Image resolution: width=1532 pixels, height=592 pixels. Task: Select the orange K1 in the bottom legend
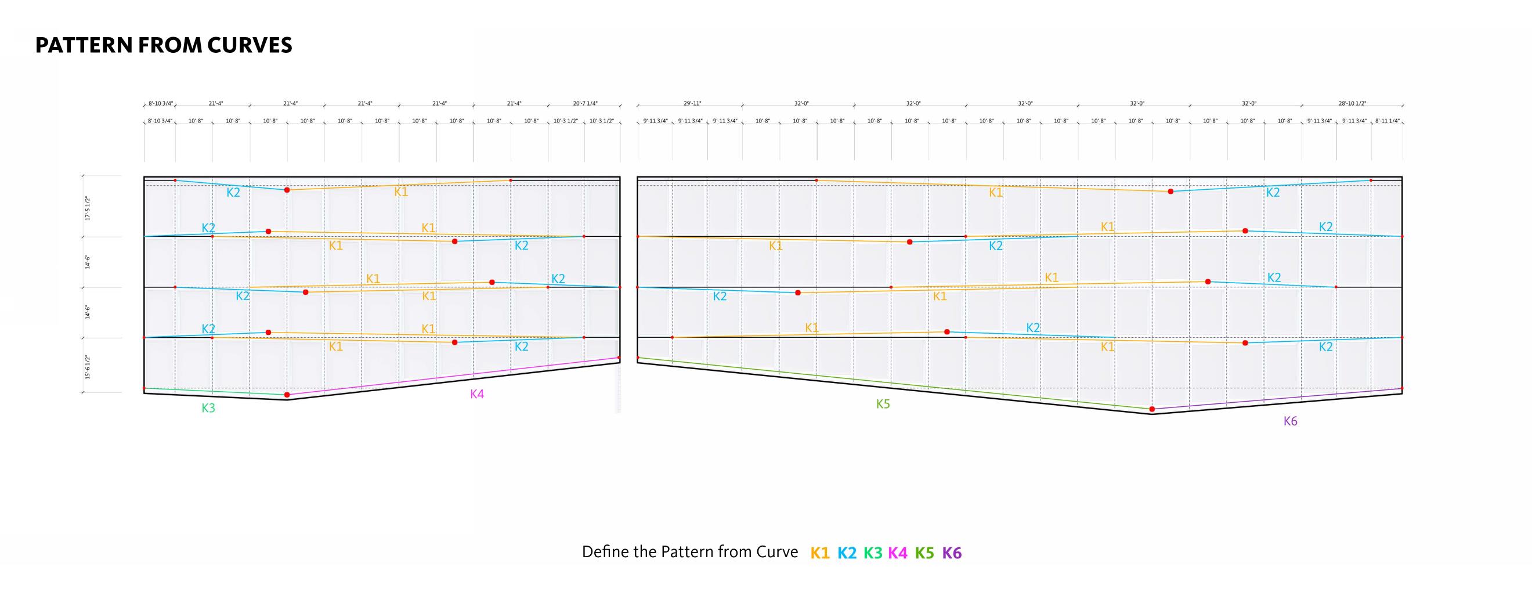(819, 553)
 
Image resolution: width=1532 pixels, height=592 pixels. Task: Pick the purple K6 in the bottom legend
(952, 553)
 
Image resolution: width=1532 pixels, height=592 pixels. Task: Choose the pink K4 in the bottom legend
(897, 553)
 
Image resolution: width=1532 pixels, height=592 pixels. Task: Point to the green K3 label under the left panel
(208, 408)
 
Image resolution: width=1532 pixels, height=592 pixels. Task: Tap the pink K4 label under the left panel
(477, 394)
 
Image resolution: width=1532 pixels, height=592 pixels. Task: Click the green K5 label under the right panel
(883, 404)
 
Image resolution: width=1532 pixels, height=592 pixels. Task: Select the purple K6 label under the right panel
(1290, 421)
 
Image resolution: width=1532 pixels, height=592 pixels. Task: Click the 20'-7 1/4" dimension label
(585, 103)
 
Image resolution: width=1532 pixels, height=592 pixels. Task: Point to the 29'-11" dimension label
(692, 103)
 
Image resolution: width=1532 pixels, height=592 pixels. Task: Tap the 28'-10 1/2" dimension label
(1352, 103)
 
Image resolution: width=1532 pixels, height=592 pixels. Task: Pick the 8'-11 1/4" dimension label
(1387, 121)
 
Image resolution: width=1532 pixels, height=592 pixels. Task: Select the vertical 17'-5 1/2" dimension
(88, 208)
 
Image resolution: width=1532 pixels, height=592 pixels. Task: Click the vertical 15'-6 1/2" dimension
(88, 367)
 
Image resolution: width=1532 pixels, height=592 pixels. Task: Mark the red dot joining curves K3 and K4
(287, 395)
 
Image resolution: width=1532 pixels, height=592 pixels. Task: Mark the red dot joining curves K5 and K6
(1152, 409)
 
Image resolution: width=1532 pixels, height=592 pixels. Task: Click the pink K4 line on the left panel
(452, 377)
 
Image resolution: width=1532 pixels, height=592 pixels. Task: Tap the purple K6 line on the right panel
(1278, 399)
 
